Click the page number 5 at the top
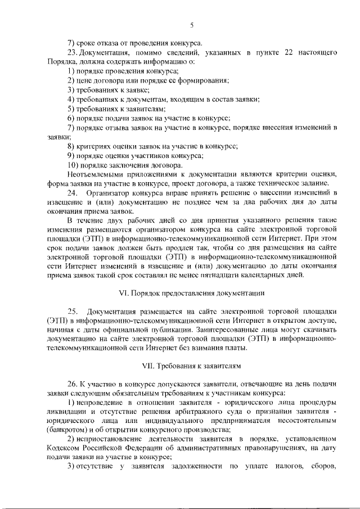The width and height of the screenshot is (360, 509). click(x=191, y=25)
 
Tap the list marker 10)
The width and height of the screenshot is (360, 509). click(x=74, y=165)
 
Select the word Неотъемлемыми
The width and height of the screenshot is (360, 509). click(x=94, y=174)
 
